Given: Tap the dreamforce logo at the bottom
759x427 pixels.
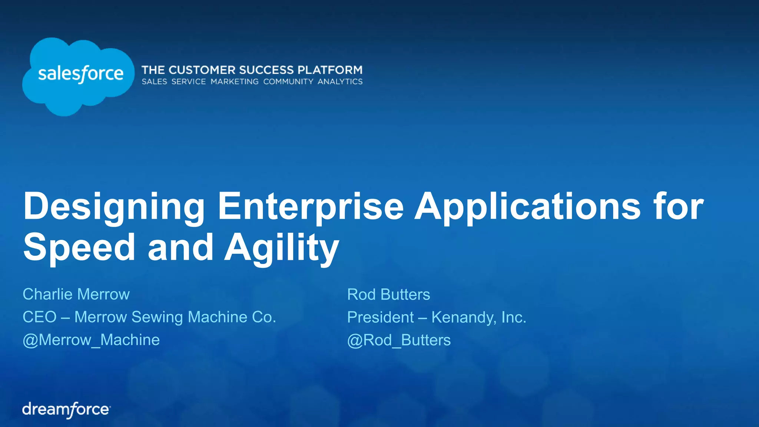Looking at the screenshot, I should click(66, 410).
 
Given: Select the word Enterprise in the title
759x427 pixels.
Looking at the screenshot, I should click(311, 207).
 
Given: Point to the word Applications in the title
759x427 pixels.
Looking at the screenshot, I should click(527, 207).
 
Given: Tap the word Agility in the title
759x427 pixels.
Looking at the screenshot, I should click(282, 248).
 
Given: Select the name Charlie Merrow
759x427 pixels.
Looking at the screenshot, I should click(76, 294).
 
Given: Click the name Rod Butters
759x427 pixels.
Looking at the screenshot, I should click(388, 295).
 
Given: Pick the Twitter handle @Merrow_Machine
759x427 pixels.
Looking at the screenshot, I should click(91, 340).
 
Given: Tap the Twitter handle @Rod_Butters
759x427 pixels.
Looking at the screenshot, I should click(399, 340).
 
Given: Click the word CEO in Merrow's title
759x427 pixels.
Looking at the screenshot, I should click(40, 317).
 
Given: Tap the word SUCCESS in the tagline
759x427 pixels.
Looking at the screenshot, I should click(266, 70).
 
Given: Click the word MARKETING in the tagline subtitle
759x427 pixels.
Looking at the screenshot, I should click(235, 82).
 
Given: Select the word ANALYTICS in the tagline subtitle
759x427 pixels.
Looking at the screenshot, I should click(340, 82).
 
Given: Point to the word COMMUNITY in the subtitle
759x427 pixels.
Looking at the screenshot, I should click(288, 82).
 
